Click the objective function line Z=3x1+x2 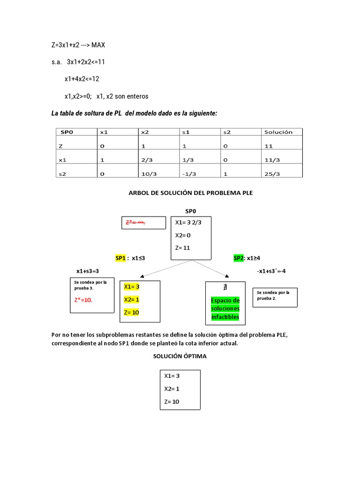[79, 45]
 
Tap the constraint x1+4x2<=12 [89, 79]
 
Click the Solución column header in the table [278, 132]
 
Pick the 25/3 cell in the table [272, 173]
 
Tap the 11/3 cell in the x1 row [272, 160]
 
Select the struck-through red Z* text [136, 222]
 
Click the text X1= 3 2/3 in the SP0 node [188, 222]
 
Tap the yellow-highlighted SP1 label [120, 258]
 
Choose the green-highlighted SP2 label [239, 258]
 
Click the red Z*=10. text [84, 300]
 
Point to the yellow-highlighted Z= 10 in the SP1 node [131, 312]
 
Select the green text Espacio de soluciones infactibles [225, 308]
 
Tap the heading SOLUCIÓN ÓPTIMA [180, 356]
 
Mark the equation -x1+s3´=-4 [277, 271]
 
